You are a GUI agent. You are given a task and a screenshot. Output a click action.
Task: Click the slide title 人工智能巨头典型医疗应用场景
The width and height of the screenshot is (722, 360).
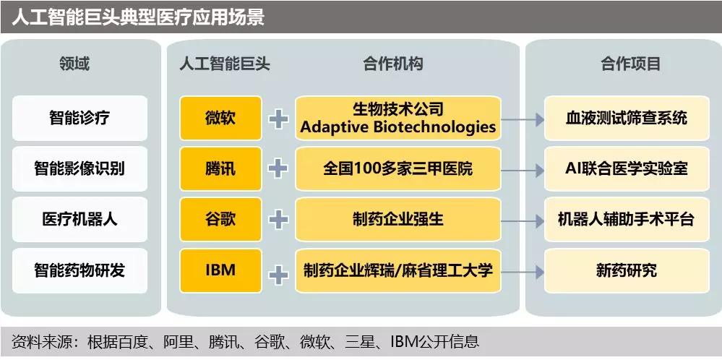pyautogui.click(x=137, y=17)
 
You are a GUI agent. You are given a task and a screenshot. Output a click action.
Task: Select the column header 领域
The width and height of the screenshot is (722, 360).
pyautogui.click(x=74, y=64)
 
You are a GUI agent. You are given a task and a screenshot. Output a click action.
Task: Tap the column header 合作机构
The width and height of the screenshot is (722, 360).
pyautogui.click(x=392, y=64)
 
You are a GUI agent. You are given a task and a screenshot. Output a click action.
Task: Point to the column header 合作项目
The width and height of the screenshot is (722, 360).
pyautogui.click(x=630, y=64)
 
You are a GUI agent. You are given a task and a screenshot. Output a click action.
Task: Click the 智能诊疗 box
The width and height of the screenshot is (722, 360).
pyautogui.click(x=79, y=119)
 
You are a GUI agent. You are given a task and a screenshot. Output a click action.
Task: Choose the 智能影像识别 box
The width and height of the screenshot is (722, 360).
pyautogui.click(x=79, y=169)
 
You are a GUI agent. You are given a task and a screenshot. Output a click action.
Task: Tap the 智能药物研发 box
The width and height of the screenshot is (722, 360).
pyautogui.click(x=79, y=270)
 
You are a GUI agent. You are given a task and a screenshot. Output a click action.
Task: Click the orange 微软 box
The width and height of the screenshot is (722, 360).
pyautogui.click(x=220, y=119)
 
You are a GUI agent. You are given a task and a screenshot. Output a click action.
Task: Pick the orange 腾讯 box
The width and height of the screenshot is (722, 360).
pyautogui.click(x=220, y=169)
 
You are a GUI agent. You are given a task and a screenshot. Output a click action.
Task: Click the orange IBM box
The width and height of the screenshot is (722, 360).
pyautogui.click(x=220, y=270)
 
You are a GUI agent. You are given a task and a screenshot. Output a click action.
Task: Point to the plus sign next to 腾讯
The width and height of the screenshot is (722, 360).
pyautogui.click(x=278, y=169)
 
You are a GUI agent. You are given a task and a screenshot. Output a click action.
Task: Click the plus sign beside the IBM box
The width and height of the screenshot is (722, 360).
pyautogui.click(x=278, y=275)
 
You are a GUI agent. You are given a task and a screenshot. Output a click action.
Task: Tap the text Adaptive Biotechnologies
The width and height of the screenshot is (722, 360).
pyautogui.click(x=397, y=127)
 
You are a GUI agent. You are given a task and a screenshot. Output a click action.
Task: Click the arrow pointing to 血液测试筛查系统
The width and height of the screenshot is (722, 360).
pyautogui.click(x=523, y=120)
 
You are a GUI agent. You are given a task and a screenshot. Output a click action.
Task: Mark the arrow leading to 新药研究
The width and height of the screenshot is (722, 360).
pyautogui.click(x=523, y=272)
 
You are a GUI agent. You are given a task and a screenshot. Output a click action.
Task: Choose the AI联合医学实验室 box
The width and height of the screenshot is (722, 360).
pyautogui.click(x=627, y=169)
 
